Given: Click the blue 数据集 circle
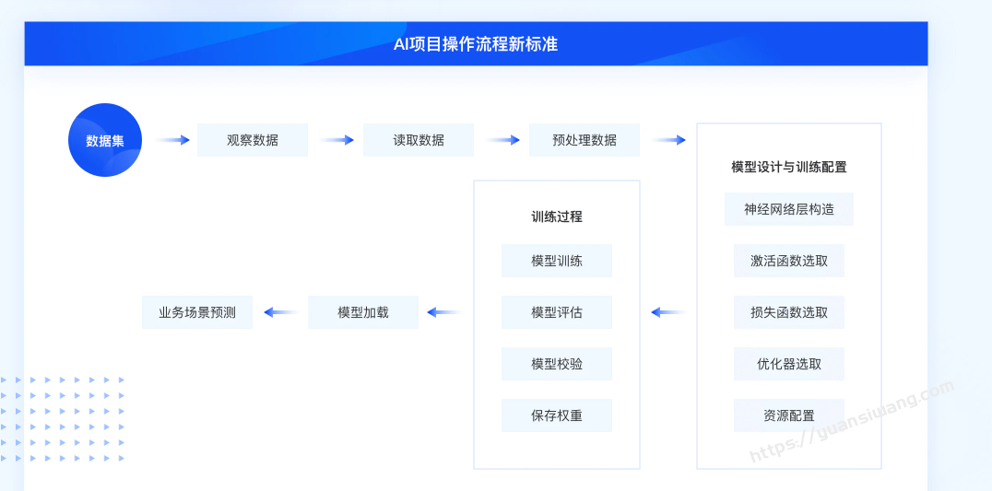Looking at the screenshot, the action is pos(105,140).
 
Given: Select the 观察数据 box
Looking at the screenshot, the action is pos(253,140).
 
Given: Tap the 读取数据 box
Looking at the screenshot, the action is pos(419,140).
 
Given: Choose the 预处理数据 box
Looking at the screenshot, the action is pos(584,140).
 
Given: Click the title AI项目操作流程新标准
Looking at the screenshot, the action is pos(476,44).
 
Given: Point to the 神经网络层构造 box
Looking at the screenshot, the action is pos(789,209).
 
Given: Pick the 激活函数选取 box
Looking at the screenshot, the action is pos(789,261).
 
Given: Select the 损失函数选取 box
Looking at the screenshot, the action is pos(789,312).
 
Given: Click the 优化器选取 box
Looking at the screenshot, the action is pos(789,364).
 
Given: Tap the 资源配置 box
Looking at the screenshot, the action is pos(789,415).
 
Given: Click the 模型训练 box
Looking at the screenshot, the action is pos(557,261).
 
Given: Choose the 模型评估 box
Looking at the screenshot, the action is pos(557,312).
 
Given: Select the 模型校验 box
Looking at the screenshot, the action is pos(557,364).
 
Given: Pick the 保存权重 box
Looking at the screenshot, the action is pos(557,415).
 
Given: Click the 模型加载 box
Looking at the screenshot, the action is pos(363,312).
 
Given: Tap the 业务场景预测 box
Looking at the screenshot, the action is pos(197,312).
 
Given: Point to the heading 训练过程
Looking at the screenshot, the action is pos(557,216).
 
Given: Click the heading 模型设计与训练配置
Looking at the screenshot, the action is pos(789,167).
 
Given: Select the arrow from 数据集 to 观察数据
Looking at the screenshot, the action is pos(172,140).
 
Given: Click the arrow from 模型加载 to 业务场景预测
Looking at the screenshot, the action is pos(281,312).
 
